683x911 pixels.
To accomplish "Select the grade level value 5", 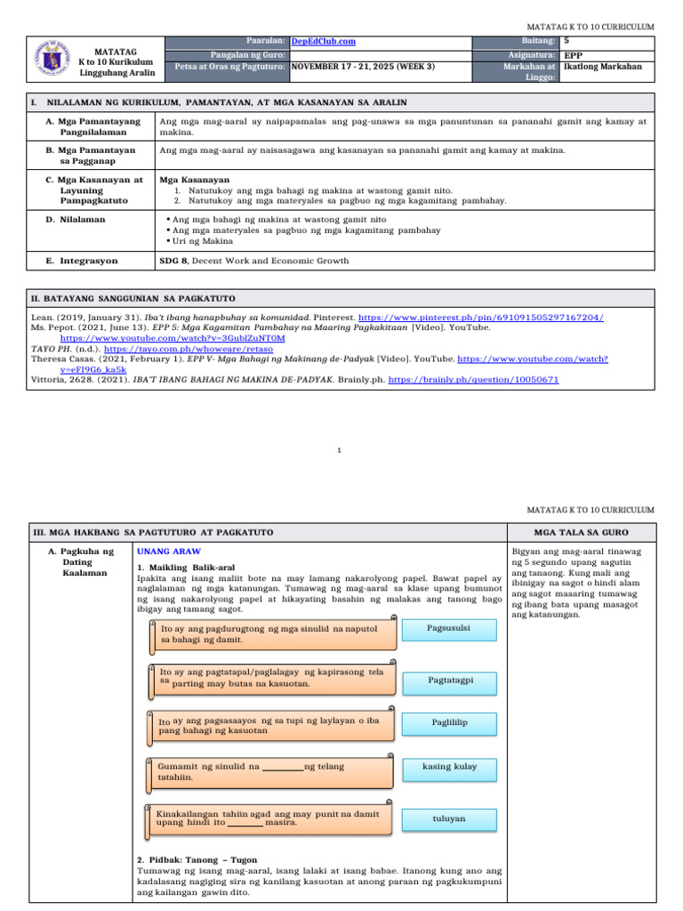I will point(566,41).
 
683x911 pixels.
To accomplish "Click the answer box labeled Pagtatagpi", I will point(449,679).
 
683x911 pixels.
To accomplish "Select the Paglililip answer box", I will point(449,722).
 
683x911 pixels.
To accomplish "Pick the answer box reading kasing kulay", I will point(449,767).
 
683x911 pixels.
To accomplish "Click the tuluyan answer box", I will point(449,818).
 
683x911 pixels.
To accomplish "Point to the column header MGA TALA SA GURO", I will point(580,532).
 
